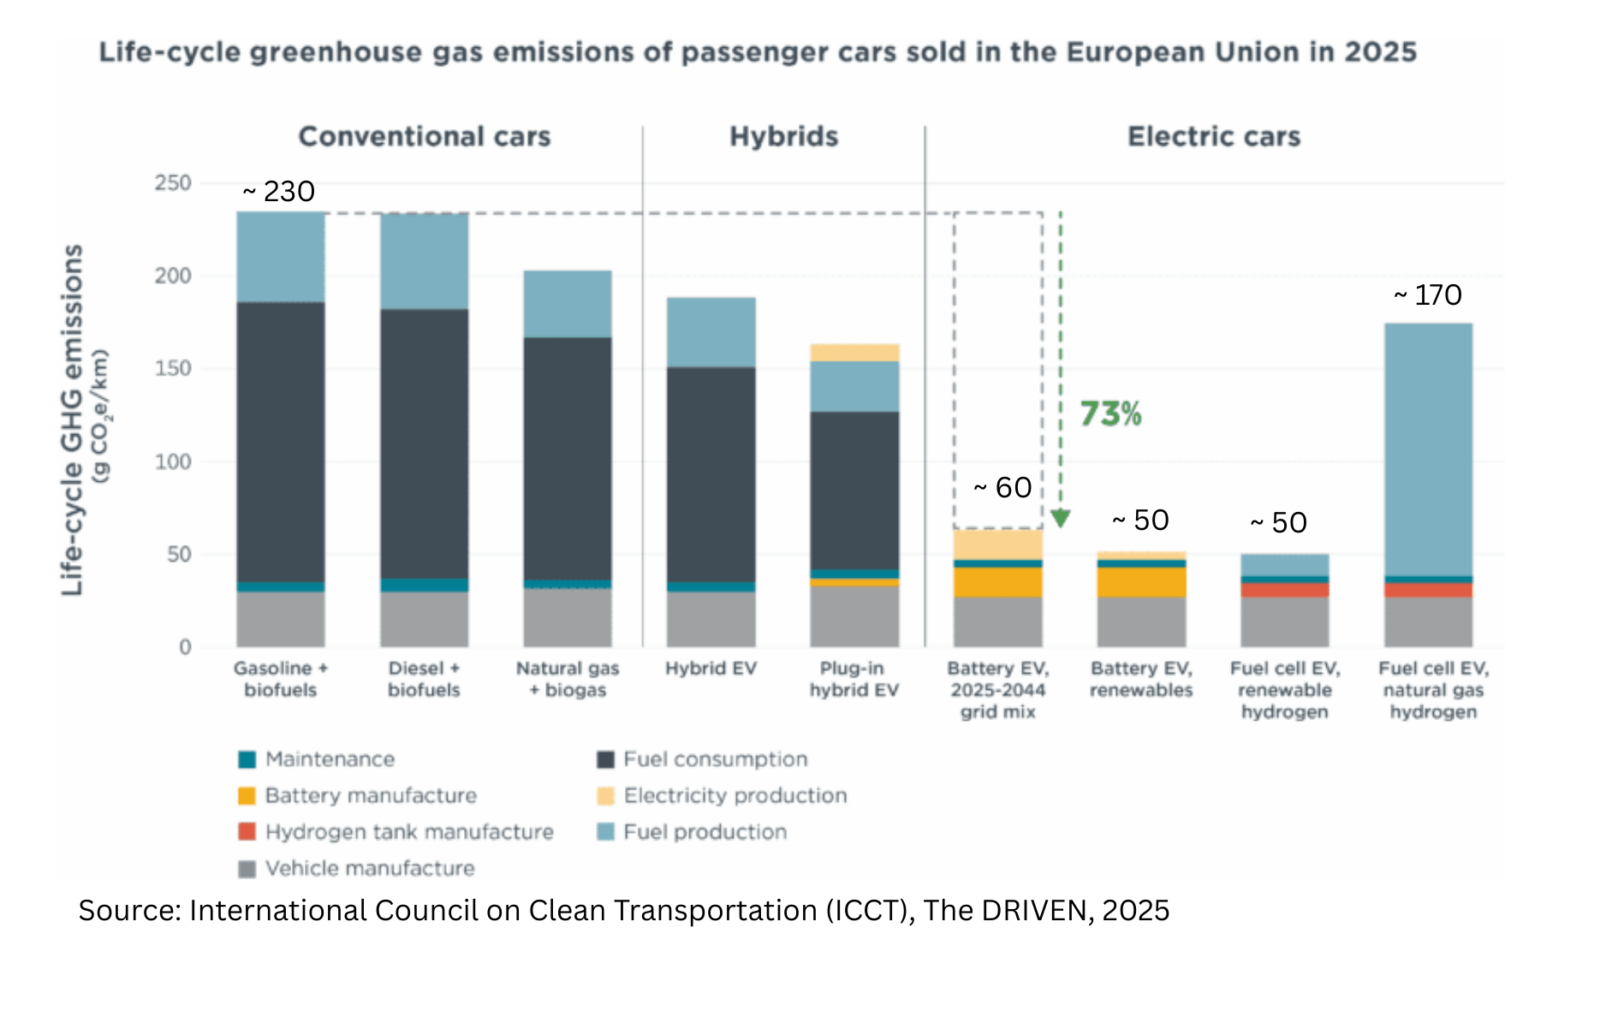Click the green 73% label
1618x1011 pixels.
[1110, 414]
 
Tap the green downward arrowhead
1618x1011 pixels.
[1061, 519]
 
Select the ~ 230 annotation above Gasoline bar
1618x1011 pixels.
[279, 191]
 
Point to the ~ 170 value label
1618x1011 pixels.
[1428, 295]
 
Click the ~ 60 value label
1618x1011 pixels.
[1003, 488]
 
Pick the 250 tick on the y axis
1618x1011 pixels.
[172, 183]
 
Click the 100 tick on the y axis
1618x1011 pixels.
[172, 461]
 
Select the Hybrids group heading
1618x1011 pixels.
[783, 137]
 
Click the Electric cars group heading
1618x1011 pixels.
[1213, 137]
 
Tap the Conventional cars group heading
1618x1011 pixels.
[424, 137]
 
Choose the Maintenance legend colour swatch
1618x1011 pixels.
[247, 759]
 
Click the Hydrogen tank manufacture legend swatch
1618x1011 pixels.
[247, 831]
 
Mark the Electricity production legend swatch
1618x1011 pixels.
[606, 795]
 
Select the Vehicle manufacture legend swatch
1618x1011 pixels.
[247, 869]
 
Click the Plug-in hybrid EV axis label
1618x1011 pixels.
[854, 679]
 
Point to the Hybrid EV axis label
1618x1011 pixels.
[711, 669]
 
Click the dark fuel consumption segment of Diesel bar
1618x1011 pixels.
[425, 443]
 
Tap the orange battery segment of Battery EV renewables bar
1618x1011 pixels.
[1141, 582]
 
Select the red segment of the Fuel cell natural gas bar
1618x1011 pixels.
[1428, 590]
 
